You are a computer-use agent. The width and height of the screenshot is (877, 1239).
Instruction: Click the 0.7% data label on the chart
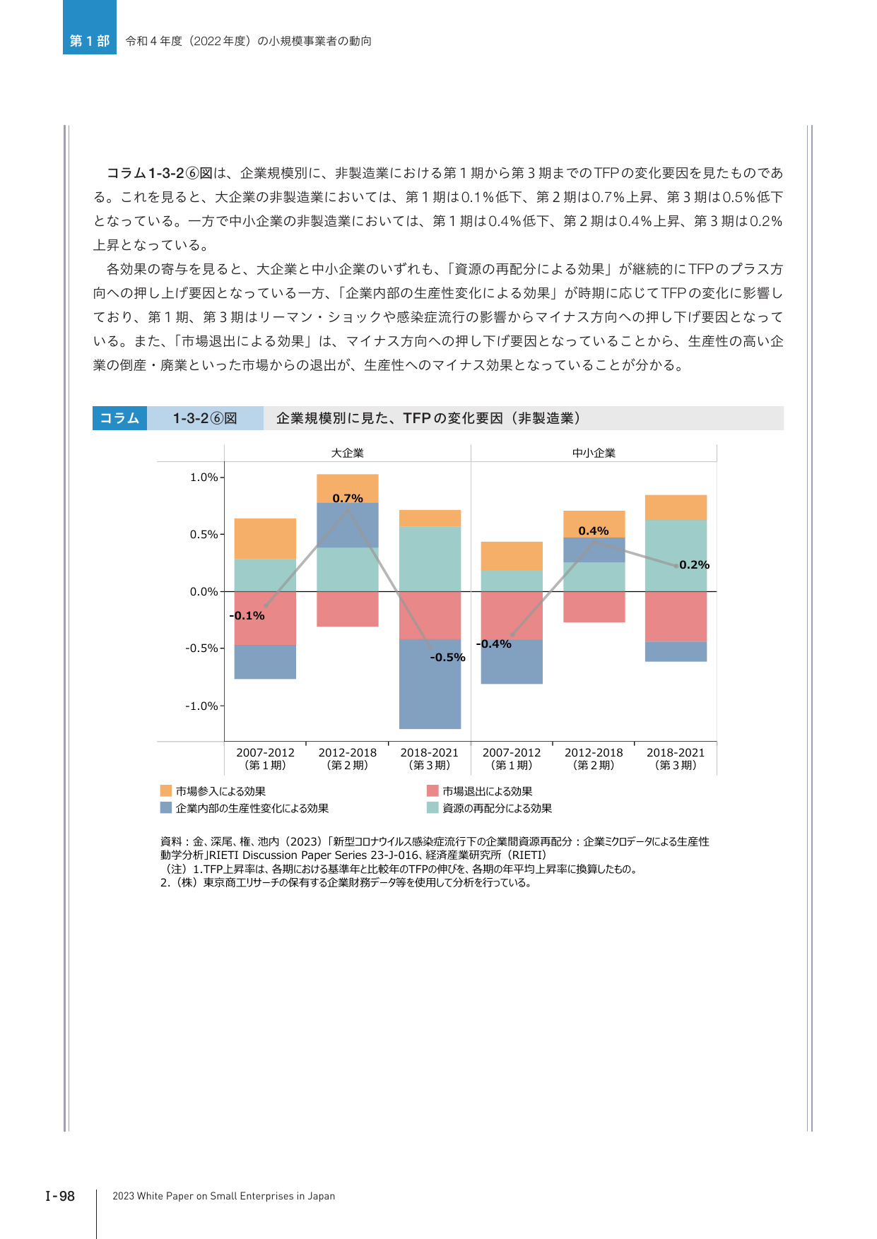(x=348, y=498)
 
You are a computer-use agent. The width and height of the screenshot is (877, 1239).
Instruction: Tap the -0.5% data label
(x=448, y=657)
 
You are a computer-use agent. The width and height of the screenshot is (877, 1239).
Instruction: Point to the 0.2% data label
(x=694, y=564)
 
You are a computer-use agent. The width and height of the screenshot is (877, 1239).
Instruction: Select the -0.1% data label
(x=247, y=615)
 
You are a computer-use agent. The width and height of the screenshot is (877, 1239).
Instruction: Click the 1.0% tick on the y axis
(x=204, y=478)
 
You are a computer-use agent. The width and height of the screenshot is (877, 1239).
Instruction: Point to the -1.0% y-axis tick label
(x=201, y=706)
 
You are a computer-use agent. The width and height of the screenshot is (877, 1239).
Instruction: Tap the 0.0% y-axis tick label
(x=204, y=591)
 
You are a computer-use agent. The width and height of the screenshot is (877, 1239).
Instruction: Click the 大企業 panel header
(x=348, y=453)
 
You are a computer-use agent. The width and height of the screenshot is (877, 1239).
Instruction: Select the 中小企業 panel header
(x=594, y=453)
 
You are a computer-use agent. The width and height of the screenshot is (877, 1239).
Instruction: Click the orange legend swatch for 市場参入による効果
(x=166, y=790)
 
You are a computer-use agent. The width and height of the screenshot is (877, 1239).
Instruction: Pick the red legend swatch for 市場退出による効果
(x=432, y=790)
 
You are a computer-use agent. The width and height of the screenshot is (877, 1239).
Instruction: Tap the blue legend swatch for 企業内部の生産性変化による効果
(x=166, y=807)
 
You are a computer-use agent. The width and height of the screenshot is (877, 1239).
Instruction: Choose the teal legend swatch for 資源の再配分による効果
(x=432, y=807)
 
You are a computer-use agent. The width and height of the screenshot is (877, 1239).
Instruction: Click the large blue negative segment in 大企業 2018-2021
(x=430, y=684)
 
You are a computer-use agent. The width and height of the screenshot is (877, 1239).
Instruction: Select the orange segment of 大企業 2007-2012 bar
(x=265, y=538)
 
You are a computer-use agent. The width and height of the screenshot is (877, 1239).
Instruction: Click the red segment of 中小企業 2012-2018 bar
(x=594, y=607)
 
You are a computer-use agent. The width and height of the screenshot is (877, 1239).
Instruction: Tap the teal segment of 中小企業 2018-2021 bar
(x=676, y=555)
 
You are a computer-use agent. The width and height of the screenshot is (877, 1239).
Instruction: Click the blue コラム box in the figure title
(x=119, y=418)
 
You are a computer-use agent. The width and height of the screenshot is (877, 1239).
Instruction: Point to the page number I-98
(x=60, y=1196)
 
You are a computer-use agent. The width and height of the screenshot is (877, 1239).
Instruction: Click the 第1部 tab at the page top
(x=90, y=41)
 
